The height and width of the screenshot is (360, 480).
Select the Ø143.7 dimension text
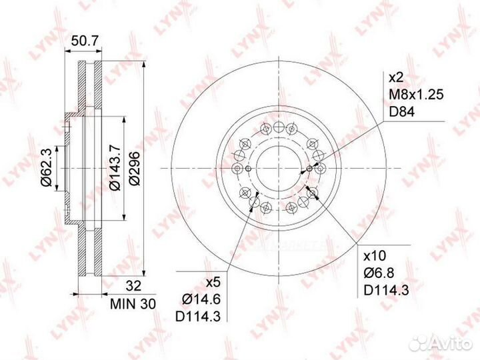click(x=115, y=168)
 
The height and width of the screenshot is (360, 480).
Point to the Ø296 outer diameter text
click(x=134, y=168)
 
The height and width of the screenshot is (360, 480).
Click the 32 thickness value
click(x=134, y=285)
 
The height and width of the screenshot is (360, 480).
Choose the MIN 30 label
click(x=133, y=304)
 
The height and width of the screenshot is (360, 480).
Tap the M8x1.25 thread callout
click(x=416, y=95)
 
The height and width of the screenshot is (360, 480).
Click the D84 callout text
click(x=401, y=112)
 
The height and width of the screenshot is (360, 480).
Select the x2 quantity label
click(x=396, y=78)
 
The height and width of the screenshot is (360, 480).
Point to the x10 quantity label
click(x=375, y=255)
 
